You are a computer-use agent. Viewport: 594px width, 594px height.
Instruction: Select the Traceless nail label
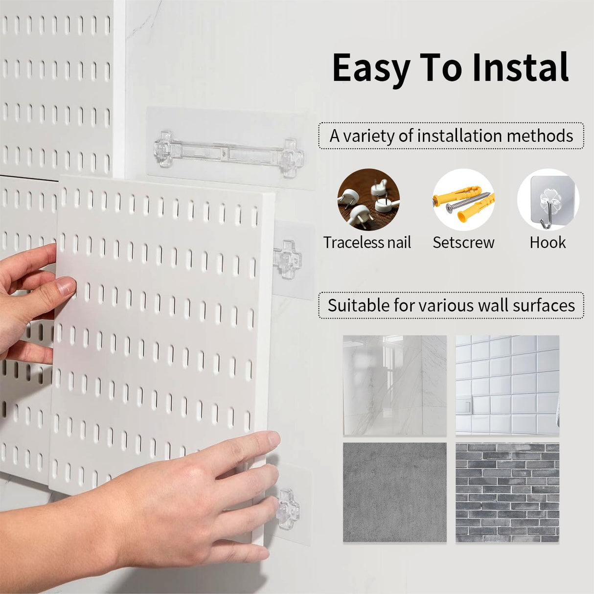tap(367, 242)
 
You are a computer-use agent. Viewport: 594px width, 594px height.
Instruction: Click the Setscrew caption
tap(463, 242)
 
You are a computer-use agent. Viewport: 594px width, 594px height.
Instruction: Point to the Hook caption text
tap(548, 242)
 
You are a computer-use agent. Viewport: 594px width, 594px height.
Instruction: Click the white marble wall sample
tap(394, 385)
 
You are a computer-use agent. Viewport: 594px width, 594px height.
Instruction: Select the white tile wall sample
tap(507, 385)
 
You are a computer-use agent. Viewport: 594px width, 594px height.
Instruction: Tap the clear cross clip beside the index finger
tap(288, 508)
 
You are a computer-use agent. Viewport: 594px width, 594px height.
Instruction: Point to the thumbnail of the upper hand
tap(67, 286)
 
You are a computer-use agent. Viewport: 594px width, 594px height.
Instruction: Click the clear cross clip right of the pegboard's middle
tap(288, 258)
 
